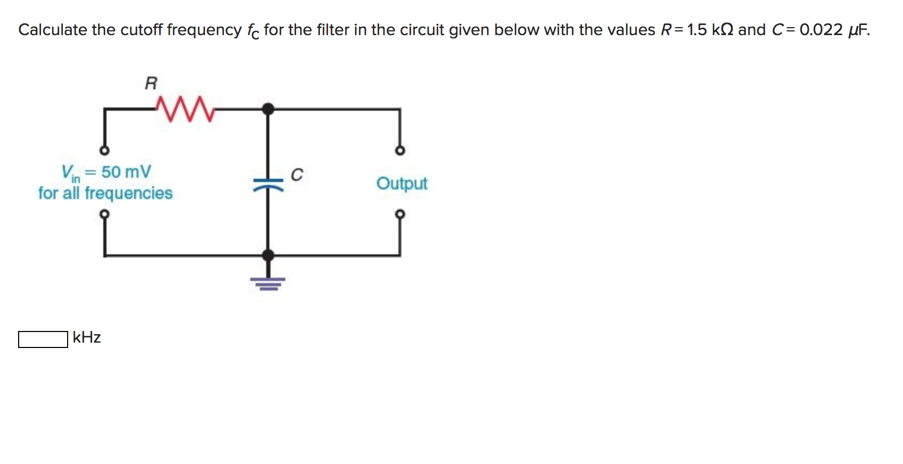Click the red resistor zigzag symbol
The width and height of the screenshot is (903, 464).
[x=185, y=109]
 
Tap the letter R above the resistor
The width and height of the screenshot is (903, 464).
[x=151, y=83]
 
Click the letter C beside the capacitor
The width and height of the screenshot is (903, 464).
[x=297, y=175]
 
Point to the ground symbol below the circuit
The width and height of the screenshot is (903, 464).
[x=268, y=283]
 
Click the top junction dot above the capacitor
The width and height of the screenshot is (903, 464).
[x=268, y=109]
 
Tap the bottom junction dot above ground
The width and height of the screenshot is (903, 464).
[x=268, y=255]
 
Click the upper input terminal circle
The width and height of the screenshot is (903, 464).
[x=105, y=151]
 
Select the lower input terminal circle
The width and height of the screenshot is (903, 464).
[x=105, y=214]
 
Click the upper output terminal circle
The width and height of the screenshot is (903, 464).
[x=400, y=151]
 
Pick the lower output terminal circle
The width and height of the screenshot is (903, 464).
[x=400, y=214]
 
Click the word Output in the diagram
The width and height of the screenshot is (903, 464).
[x=401, y=184]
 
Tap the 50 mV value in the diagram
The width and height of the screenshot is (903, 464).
[x=126, y=172]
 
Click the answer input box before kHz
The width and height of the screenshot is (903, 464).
[x=43, y=339]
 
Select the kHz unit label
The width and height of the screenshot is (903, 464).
[x=87, y=337]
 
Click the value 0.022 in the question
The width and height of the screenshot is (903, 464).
[x=821, y=30]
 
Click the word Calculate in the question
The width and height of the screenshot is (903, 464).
[x=52, y=30]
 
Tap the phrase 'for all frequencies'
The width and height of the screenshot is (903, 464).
[x=105, y=193]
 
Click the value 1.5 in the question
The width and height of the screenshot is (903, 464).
[x=697, y=30]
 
